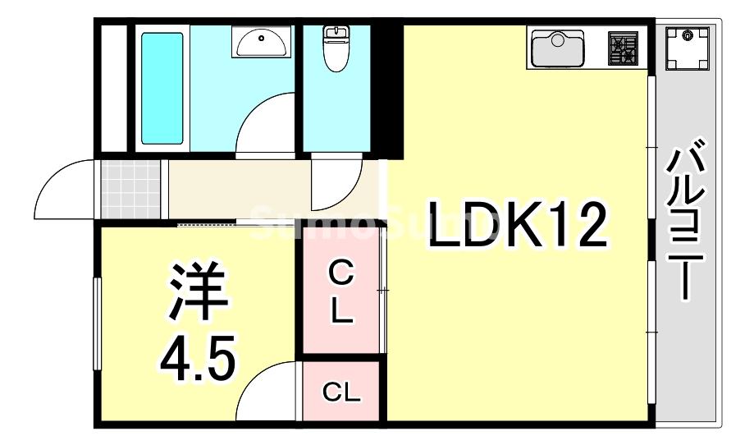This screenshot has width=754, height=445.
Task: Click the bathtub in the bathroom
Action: coord(162,88)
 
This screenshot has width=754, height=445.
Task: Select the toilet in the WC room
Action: coord(336,48)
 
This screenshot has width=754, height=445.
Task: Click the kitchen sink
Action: coord(557,48)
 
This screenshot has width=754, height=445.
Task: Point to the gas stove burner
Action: coord(623,48)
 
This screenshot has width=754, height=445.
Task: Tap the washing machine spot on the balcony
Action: coord(687,48)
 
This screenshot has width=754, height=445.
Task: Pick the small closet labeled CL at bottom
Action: coord(341,392)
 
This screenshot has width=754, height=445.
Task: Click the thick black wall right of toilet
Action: coord(391,90)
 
